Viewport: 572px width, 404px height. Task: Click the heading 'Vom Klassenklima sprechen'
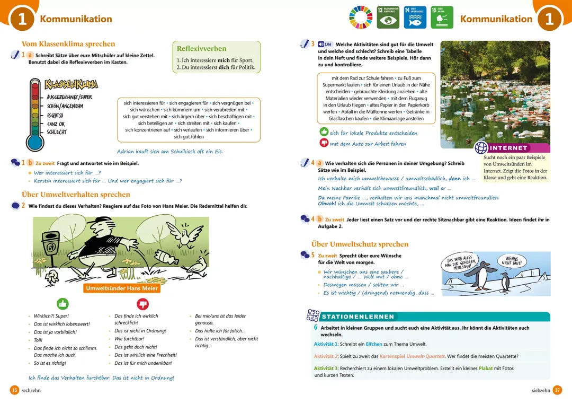(68, 44)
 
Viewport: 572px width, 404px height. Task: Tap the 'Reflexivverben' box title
(201, 49)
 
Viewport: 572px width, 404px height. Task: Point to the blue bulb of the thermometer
(35, 142)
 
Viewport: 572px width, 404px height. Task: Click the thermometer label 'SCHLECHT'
(57, 132)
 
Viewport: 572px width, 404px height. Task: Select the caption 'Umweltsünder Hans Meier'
(122, 288)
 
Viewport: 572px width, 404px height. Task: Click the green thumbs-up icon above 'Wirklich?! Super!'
(62, 304)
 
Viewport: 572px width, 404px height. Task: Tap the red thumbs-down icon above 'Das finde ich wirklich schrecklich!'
(143, 304)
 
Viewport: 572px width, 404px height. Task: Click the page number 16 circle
(15, 390)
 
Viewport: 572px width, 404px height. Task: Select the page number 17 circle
(557, 390)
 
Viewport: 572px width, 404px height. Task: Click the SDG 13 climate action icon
(388, 17)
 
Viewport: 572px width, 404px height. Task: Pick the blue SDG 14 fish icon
(415, 17)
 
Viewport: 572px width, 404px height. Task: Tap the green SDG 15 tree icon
(442, 17)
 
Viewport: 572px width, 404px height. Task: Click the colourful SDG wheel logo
(361, 17)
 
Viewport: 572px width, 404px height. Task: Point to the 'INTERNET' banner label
(508, 148)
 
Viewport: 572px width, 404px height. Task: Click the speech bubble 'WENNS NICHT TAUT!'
(512, 261)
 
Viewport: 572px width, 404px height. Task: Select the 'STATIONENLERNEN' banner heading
(358, 317)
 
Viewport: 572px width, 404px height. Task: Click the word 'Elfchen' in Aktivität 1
(374, 344)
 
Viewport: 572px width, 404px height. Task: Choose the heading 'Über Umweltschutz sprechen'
(360, 244)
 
